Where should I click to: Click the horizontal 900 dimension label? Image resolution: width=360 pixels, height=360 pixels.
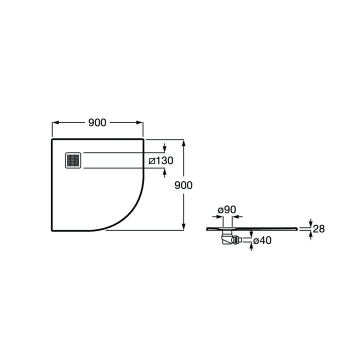pos(97,123)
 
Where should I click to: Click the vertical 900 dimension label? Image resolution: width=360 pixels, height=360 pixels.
pos(183,185)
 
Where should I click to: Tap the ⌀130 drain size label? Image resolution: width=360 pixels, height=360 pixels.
pos(161,160)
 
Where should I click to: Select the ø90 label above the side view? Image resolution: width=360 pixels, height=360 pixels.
pos(227,209)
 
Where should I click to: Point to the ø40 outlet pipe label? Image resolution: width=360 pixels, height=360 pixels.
pos(262,240)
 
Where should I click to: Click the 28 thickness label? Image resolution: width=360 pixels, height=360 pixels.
pos(318,228)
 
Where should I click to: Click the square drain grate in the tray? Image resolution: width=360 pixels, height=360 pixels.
pos(73,160)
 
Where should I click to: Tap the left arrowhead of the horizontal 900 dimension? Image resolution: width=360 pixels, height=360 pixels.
pos(55,122)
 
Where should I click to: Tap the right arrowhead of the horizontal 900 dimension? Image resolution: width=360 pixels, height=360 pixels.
pos(140,122)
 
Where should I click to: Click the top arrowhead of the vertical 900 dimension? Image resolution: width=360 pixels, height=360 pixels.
pos(183,143)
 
